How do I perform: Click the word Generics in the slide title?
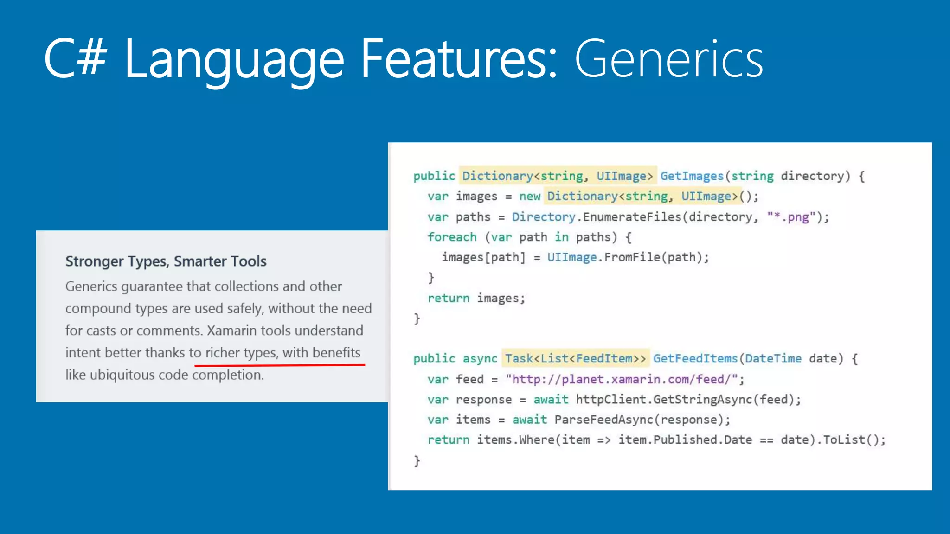tap(668, 59)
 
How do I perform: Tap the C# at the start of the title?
tap(76, 58)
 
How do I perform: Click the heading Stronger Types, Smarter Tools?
tap(166, 261)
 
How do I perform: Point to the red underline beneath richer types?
tap(280, 365)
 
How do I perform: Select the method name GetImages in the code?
tap(692, 176)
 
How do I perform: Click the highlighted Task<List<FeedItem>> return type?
tap(575, 358)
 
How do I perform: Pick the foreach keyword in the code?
tap(452, 237)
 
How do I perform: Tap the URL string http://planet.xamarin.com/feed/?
tap(622, 379)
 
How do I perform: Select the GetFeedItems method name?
tap(695, 358)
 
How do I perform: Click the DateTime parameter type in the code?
tap(773, 358)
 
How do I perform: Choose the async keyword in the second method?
tap(480, 358)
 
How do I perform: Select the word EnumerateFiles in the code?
tap(632, 217)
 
